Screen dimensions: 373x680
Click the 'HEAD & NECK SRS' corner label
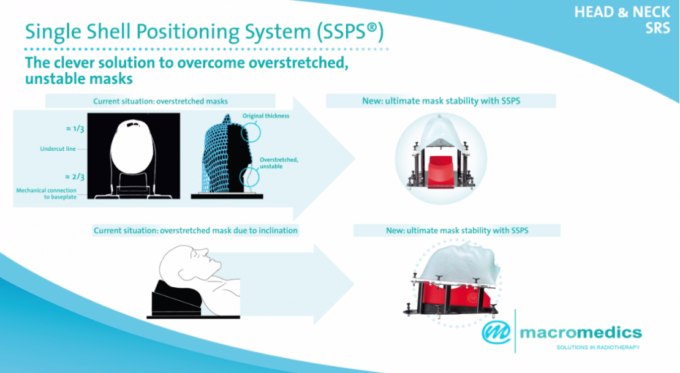pyautogui.click(x=622, y=20)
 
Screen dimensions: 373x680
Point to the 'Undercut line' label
pyautogui.click(x=54, y=148)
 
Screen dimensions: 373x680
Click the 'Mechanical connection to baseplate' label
pyautogui.click(x=47, y=194)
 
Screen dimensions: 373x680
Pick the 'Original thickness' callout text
pyautogui.click(x=266, y=115)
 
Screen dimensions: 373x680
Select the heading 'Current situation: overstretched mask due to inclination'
pyautogui.click(x=195, y=231)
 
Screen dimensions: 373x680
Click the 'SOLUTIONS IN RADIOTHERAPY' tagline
pyautogui.click(x=598, y=347)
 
